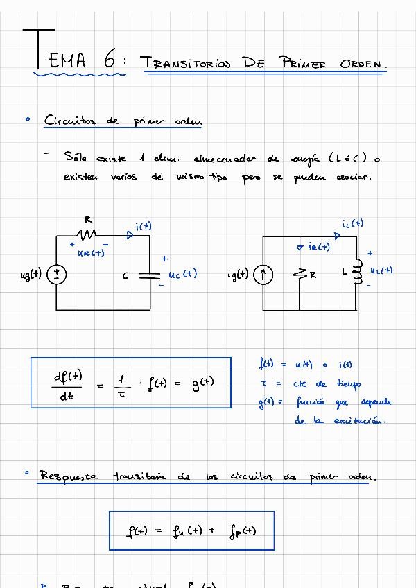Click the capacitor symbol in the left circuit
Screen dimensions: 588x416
point(149,275)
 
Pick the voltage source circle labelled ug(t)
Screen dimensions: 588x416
point(57,275)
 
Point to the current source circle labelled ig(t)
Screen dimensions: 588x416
point(263,275)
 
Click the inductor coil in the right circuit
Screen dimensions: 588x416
point(358,272)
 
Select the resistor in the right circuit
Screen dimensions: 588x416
point(300,275)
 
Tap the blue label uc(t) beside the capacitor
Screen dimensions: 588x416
point(183,274)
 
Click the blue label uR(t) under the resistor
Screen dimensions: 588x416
point(91,253)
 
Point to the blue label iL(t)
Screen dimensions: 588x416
point(352,223)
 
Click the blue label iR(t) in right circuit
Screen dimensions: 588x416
point(319,246)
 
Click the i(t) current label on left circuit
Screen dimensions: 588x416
point(144,225)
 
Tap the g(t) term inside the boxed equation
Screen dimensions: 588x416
point(202,382)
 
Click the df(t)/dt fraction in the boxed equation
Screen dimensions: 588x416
point(67,386)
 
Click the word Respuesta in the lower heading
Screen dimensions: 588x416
point(69,476)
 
